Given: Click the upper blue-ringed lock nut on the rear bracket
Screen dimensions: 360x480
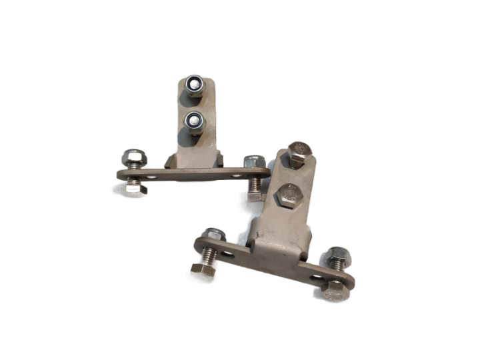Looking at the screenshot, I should click(x=195, y=84).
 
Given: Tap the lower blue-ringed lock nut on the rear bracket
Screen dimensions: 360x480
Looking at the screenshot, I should click(x=195, y=121).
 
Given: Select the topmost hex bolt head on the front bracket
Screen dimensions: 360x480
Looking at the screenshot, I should click(x=297, y=155).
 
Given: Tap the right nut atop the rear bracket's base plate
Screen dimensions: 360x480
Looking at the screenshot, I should click(x=253, y=163).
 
